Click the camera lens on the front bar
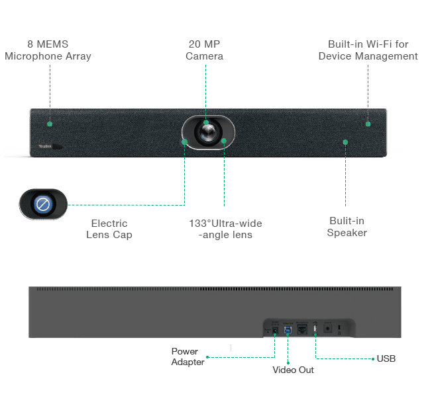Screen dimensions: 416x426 point(207,132)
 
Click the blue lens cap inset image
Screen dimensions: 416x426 point(43,204)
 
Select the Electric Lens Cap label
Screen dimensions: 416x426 point(109,228)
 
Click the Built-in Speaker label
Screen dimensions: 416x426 point(346,226)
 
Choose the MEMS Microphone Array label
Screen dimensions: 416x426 point(48,50)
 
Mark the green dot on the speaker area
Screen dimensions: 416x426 point(345,142)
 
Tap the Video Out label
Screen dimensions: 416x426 point(293,369)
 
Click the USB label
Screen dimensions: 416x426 point(386,358)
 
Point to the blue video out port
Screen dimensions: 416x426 point(288,329)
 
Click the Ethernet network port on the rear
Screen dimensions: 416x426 point(302,329)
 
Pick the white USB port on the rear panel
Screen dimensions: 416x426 point(315,329)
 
